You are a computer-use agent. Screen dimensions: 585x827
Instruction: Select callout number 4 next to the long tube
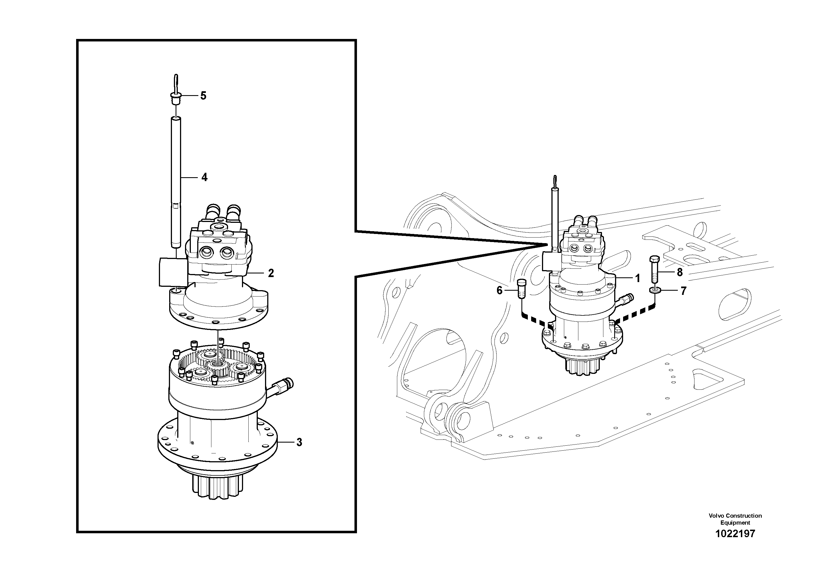coord(204,177)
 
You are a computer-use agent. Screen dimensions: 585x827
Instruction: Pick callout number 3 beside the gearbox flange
coord(299,442)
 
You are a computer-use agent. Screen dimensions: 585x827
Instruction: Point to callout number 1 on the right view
coord(637,278)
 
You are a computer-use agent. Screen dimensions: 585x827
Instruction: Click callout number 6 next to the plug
coord(499,290)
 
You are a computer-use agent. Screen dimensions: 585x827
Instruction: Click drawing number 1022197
coord(735,534)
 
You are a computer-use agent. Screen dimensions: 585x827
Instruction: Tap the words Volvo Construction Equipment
coord(735,519)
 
